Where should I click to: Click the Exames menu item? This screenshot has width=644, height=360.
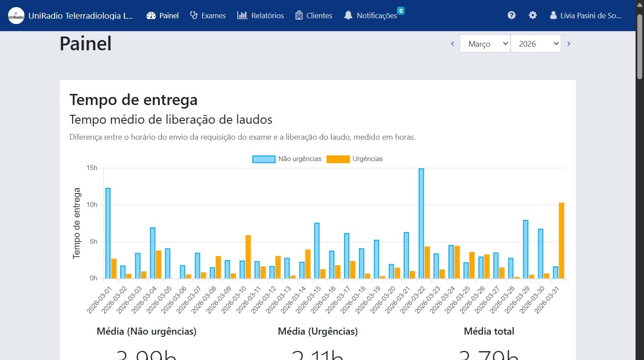point(208,16)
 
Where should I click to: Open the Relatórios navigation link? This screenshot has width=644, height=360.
point(260,16)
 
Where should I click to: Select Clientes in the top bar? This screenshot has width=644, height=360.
point(314,16)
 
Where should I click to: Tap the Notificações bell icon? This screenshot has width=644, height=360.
point(348,16)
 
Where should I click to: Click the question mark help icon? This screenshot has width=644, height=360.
point(511,15)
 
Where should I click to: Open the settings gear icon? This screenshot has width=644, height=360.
point(533,15)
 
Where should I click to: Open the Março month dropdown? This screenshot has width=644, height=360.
point(485,44)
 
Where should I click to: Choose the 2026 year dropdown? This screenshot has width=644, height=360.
point(535,44)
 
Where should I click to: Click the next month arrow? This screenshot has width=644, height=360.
point(569,44)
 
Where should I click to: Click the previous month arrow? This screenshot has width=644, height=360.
point(453,44)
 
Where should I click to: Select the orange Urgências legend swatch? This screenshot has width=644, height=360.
point(338,159)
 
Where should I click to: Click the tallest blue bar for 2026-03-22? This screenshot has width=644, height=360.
point(421,222)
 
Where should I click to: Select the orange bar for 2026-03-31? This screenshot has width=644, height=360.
point(562,240)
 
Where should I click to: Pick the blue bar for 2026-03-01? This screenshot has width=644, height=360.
point(108,234)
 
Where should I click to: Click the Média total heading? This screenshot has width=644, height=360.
point(489,331)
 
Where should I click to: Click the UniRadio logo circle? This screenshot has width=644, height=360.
point(16,16)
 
